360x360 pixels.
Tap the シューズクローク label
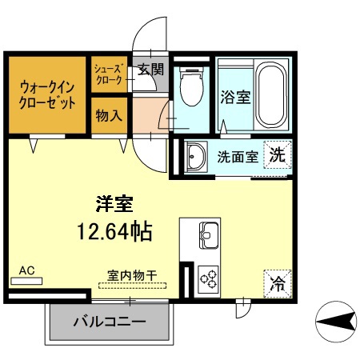(107, 75)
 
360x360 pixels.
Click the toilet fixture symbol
(191, 89)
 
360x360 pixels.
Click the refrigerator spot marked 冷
(277, 282)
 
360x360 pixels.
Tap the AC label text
(26, 271)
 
